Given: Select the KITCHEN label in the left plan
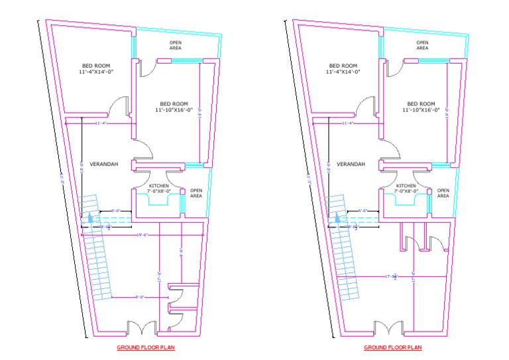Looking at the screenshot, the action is pos(159,186).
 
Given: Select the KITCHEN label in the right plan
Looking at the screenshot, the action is pos(406,186).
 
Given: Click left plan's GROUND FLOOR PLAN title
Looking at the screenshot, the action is pos(146,347).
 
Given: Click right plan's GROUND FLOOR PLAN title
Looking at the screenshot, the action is pos(392,347).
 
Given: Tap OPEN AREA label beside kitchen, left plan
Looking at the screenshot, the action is pos(196,194).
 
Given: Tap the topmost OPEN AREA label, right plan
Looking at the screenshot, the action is pos(422,46).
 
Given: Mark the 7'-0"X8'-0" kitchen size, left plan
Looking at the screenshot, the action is pos(159,192).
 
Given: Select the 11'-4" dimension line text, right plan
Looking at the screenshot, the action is pos(348,123).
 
